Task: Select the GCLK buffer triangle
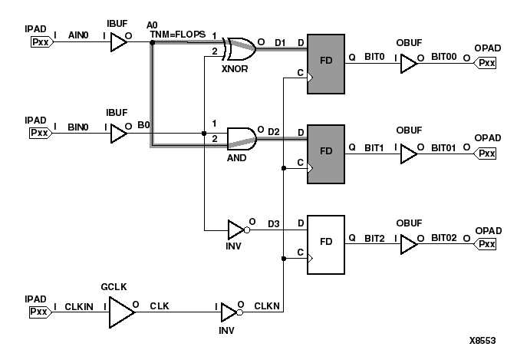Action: pyautogui.click(x=120, y=313)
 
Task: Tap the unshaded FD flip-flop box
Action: pyautogui.click(x=327, y=244)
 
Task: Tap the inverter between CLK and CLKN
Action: pyautogui.click(x=228, y=313)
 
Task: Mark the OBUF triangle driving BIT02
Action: pyautogui.click(x=408, y=244)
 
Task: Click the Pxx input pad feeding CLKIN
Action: pyautogui.click(x=40, y=313)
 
